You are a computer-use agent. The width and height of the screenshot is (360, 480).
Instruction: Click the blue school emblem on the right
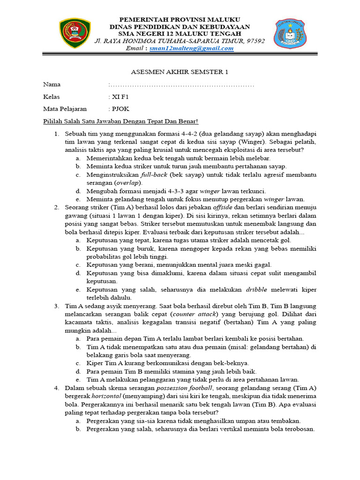(289, 33)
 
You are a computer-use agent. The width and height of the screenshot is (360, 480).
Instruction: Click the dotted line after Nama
(182, 85)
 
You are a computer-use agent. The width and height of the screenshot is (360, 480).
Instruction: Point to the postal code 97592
(255, 41)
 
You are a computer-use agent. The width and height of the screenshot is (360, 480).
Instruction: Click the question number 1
(56, 134)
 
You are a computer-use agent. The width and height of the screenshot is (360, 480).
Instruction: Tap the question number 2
(56, 207)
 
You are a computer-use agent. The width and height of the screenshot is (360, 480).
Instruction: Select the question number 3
(56, 306)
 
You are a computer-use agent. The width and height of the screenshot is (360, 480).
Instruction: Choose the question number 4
(56, 388)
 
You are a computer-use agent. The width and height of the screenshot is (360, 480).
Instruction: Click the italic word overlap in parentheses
(128, 182)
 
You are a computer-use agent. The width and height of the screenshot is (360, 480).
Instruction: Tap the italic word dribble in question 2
(258, 289)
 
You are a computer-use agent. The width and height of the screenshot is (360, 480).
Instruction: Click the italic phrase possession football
(185, 388)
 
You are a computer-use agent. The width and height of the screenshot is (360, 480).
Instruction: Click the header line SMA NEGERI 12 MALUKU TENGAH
(180, 33)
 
